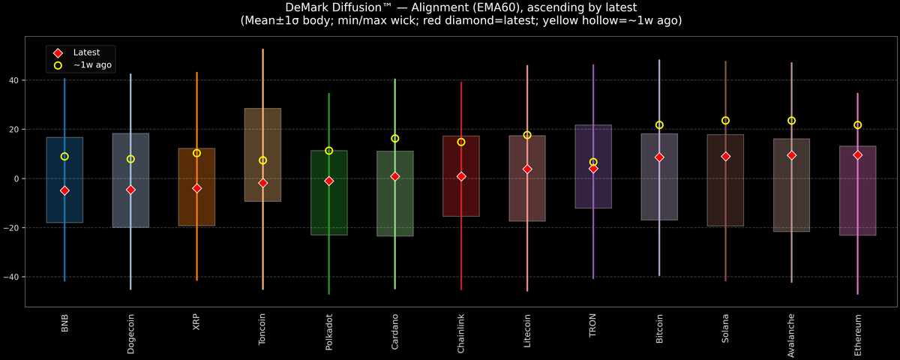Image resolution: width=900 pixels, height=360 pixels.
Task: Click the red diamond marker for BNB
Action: (x=64, y=190)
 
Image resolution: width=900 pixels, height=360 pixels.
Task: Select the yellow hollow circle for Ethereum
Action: (x=857, y=125)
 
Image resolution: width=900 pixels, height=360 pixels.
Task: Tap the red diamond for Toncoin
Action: (x=262, y=183)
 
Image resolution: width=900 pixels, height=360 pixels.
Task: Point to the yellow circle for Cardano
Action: (x=395, y=139)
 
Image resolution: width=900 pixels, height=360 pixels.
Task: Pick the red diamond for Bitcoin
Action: (x=659, y=157)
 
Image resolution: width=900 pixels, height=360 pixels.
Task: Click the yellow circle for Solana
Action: (x=725, y=121)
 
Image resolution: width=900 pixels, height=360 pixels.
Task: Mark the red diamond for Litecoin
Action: (x=527, y=169)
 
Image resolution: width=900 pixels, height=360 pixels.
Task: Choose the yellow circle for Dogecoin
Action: (x=130, y=159)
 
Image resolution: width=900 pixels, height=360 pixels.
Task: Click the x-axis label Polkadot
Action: (x=328, y=331)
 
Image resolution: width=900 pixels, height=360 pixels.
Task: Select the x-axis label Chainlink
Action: (x=460, y=334)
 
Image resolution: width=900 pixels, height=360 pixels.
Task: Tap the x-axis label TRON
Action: (x=593, y=325)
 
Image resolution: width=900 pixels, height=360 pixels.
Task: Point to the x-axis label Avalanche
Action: (x=791, y=335)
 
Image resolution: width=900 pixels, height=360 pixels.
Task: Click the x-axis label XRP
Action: (x=196, y=322)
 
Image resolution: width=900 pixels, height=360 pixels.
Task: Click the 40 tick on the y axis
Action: (x=14, y=80)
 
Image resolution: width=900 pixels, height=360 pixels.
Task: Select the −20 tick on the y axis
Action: (x=11, y=228)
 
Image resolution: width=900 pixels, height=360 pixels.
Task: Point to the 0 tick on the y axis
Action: (x=16, y=178)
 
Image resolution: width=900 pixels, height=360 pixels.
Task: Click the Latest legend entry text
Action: (x=86, y=52)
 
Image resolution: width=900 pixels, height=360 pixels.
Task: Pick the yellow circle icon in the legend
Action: (x=58, y=65)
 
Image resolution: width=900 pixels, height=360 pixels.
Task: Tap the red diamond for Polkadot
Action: (x=328, y=181)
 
